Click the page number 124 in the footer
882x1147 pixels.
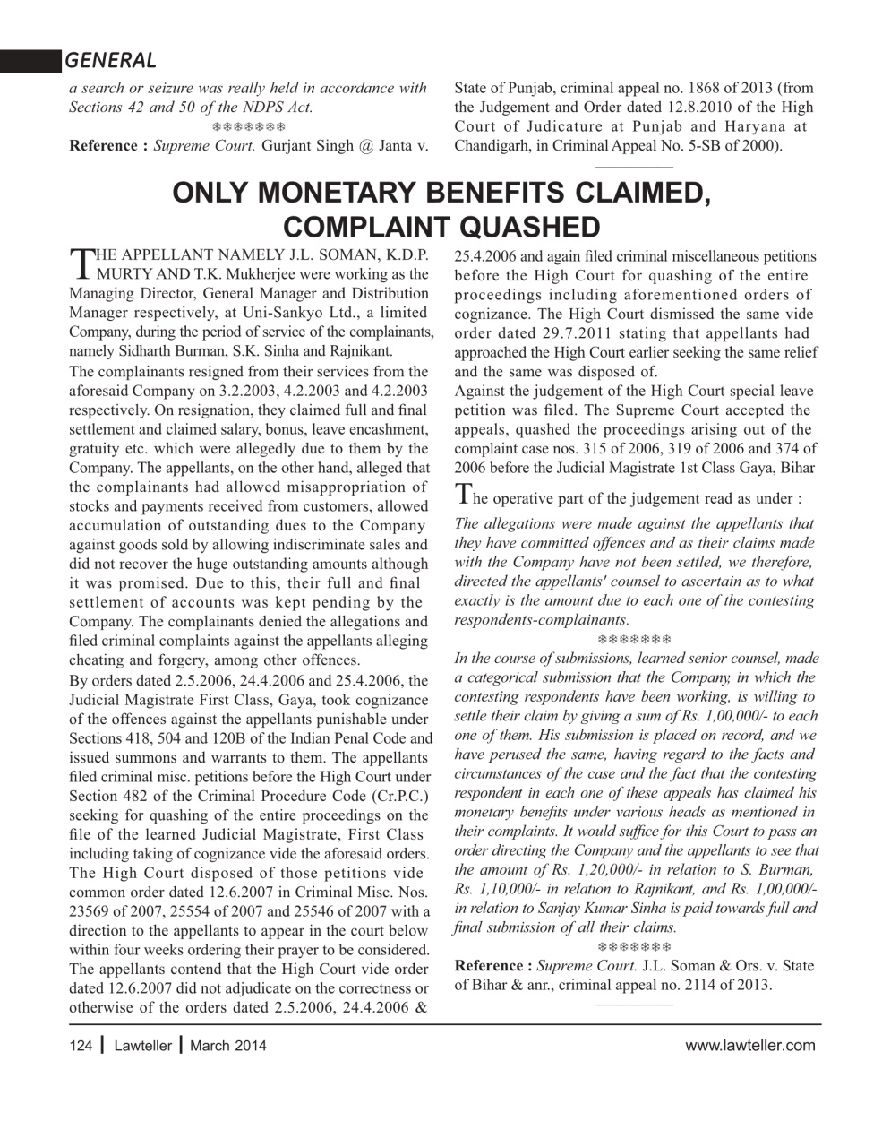pyautogui.click(x=81, y=1045)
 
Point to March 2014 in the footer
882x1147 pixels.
pyautogui.click(x=227, y=1045)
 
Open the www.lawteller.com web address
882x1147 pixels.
pyautogui.click(x=749, y=1045)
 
